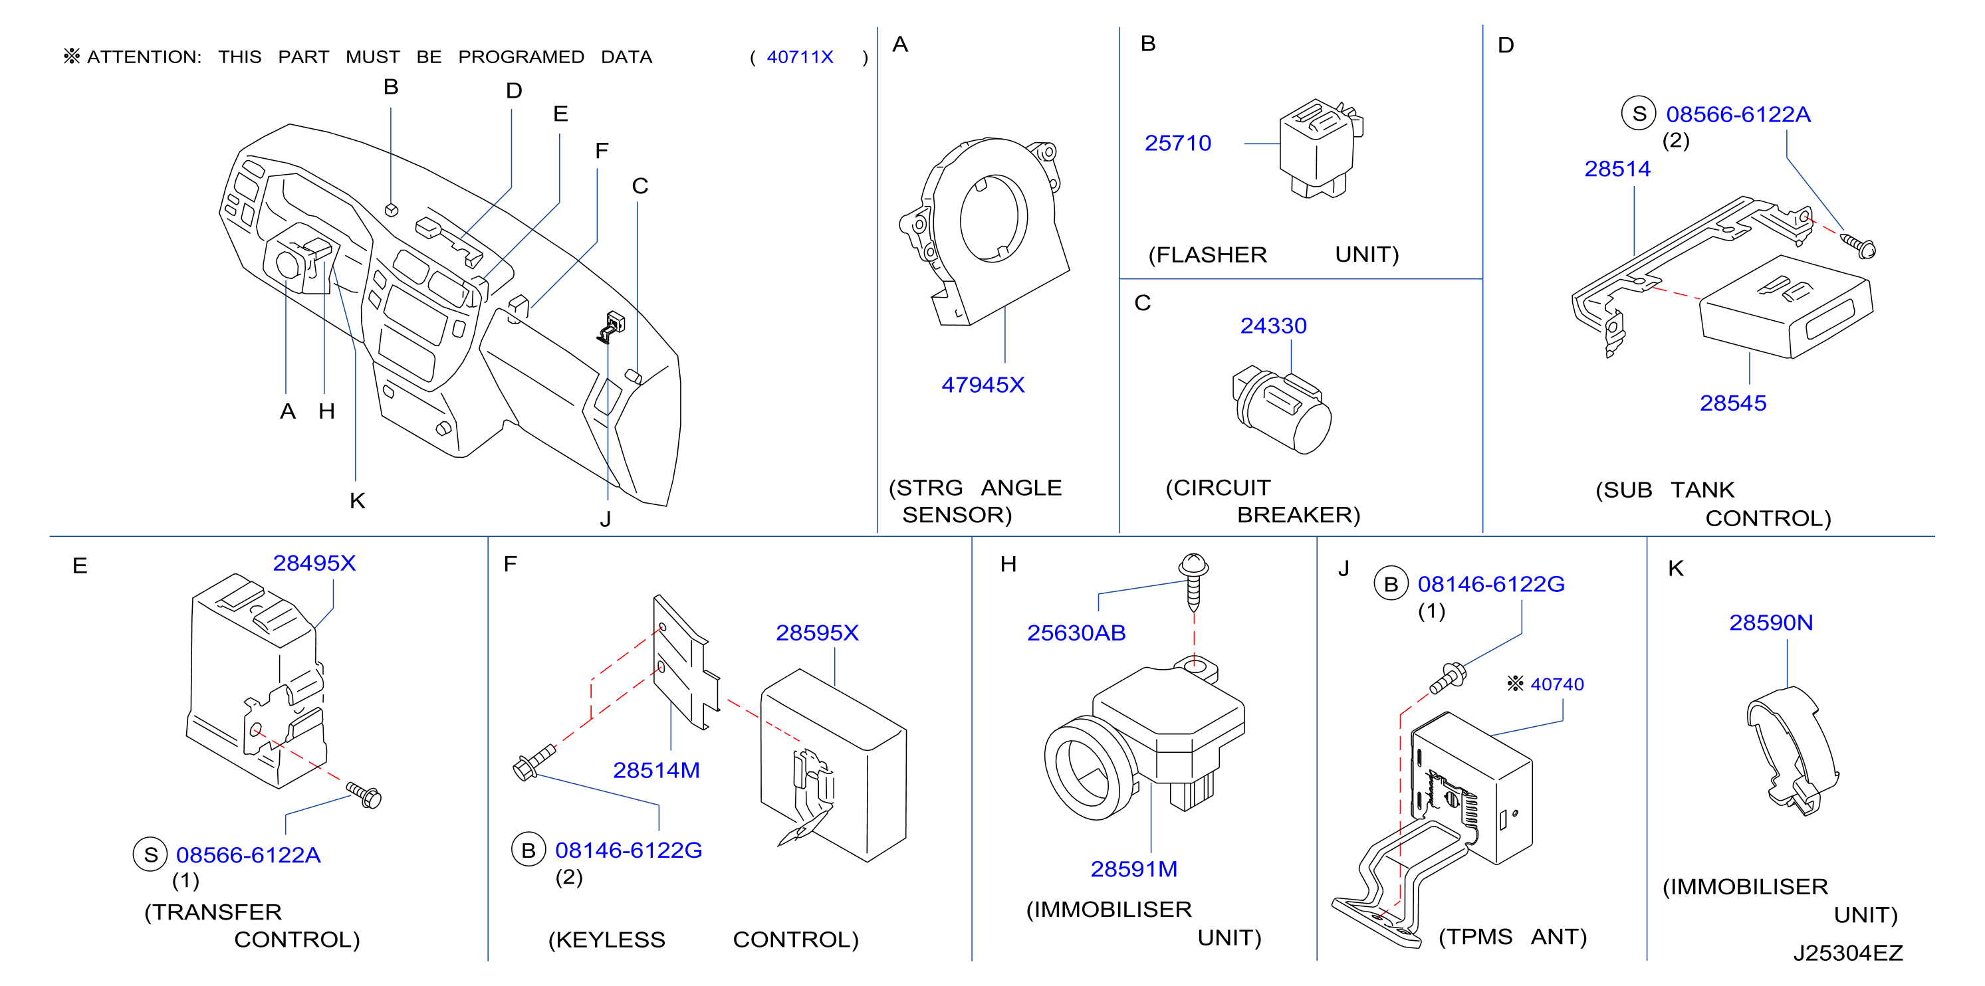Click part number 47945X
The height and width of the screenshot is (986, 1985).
point(983,385)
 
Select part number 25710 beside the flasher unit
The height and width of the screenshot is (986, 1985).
point(1177,144)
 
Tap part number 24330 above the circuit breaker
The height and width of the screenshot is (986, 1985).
point(1273,326)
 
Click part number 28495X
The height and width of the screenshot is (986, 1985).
point(314,563)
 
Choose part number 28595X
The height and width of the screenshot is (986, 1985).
point(817,633)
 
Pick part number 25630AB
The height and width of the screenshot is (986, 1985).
point(1076,633)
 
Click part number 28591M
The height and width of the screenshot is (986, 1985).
point(1133,869)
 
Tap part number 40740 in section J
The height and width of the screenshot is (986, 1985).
point(1557,684)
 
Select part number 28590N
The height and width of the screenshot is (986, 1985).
point(1771,623)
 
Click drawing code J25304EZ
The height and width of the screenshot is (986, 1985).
point(1848,953)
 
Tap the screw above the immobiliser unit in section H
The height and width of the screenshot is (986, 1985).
point(1194,579)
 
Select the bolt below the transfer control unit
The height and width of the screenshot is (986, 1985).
point(364,795)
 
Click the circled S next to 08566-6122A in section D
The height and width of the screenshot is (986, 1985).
point(1639,114)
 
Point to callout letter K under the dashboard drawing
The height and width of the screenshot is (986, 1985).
point(357,501)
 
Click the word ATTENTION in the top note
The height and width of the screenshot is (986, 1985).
point(144,57)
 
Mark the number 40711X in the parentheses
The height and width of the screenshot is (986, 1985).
point(800,57)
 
